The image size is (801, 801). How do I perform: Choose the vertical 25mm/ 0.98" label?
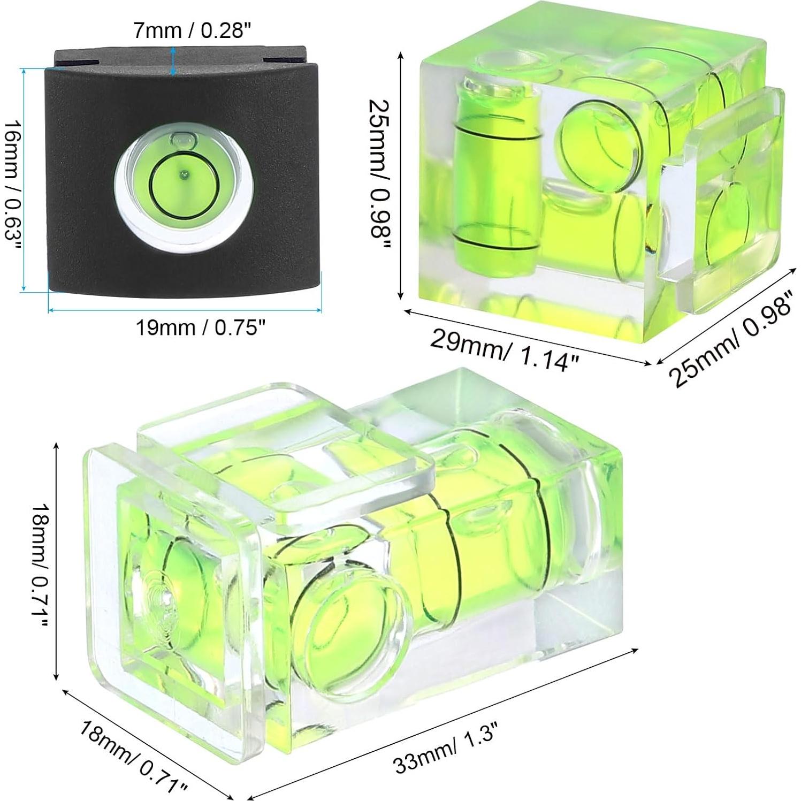click(380, 173)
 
